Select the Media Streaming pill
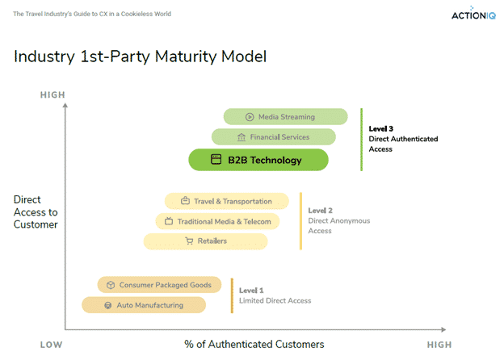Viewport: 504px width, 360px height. pos(285,117)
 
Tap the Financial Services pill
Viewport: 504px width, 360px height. pos(273,137)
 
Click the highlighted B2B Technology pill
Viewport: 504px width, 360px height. pos(258,160)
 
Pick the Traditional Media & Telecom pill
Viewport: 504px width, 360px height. pos(217,220)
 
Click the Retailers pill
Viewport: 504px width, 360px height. pos(205,241)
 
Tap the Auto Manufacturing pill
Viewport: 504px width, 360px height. pos(144,305)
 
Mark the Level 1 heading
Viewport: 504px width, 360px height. pos(252,290)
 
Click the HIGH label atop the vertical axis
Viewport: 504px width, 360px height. pos(52,96)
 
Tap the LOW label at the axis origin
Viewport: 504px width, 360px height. pos(51,345)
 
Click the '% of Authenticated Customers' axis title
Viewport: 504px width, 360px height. pos(254,345)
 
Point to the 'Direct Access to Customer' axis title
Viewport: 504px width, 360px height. pos(36,211)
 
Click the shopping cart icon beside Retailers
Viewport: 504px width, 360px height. pos(189,241)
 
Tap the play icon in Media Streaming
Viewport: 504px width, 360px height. pos(250,117)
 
